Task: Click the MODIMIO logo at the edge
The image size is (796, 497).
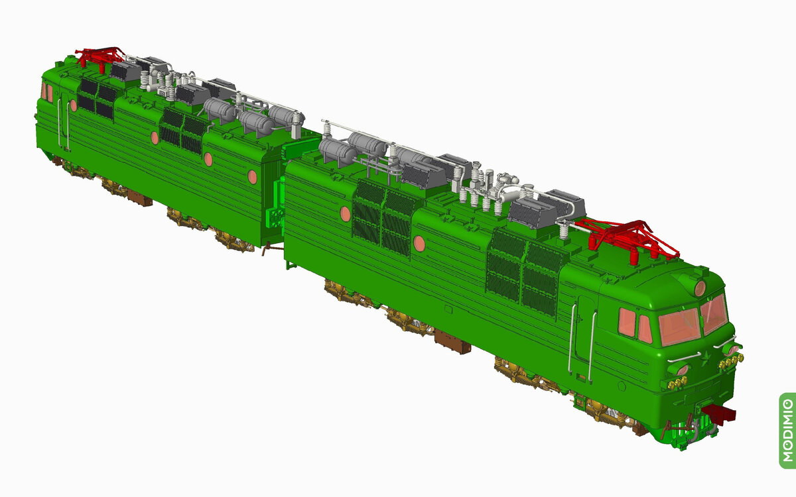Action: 787,430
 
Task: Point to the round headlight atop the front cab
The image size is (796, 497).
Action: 700,288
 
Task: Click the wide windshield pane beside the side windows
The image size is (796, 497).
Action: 679,327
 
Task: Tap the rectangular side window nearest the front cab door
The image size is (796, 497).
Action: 627,322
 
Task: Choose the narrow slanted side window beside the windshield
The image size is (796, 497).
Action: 645,329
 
